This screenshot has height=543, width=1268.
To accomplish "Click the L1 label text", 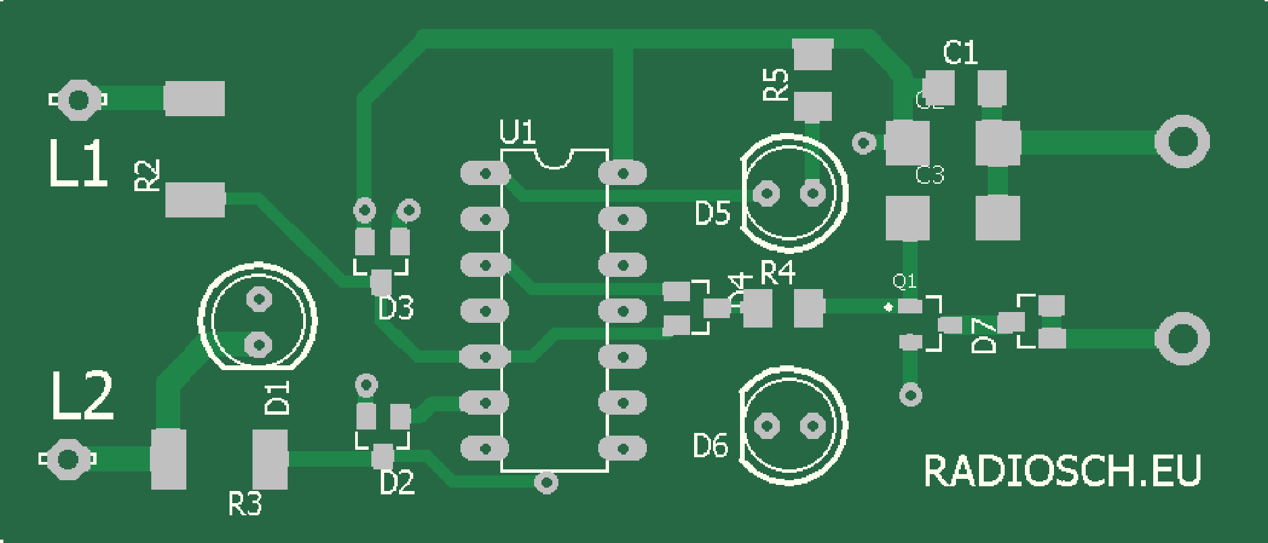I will (x=78, y=164).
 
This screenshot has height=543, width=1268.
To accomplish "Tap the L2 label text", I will (x=82, y=396).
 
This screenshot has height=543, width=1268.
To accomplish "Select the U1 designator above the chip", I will (x=517, y=132).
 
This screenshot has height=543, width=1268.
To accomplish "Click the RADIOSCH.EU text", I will (x=1061, y=471).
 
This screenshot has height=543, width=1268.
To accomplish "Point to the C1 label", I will (x=959, y=53).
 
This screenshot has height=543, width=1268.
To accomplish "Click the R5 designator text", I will (x=776, y=84).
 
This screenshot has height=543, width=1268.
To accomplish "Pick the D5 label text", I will (x=712, y=213).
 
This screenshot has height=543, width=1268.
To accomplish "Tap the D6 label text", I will (x=710, y=446).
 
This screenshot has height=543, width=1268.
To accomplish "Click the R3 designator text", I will (x=244, y=504).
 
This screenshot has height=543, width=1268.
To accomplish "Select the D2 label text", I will (x=396, y=483).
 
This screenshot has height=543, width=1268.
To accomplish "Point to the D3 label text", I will (x=396, y=309).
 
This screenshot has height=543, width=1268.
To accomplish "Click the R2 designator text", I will (x=147, y=176).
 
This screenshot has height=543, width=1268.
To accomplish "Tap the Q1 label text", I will (x=904, y=281).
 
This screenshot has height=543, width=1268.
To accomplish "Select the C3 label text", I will (x=930, y=176).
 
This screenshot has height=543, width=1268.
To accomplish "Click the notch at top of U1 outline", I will (x=554, y=159).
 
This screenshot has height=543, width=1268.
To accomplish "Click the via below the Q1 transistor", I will (x=911, y=394).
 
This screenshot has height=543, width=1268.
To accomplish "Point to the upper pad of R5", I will (x=813, y=54).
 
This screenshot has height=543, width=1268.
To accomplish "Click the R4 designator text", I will (x=777, y=273).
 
